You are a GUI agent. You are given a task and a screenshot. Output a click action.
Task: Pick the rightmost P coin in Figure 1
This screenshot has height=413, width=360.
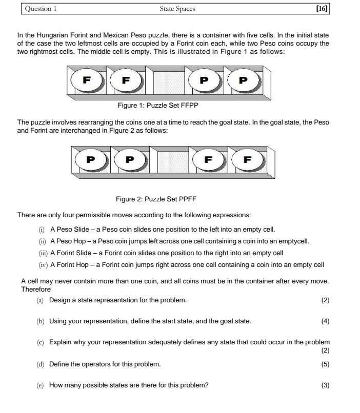243,81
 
